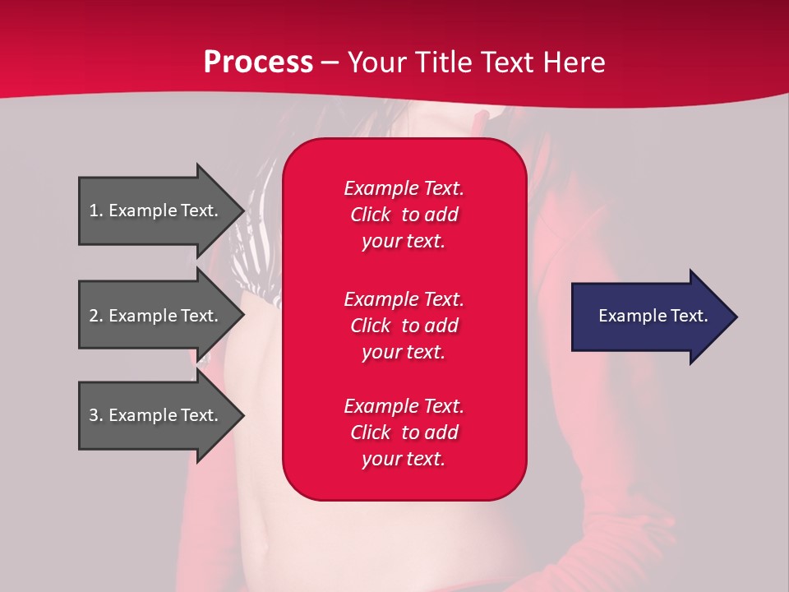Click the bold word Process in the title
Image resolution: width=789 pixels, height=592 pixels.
pyautogui.click(x=258, y=62)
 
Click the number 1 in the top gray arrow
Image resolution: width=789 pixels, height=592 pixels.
pyautogui.click(x=94, y=210)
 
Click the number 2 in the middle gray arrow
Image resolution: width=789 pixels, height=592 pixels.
pyautogui.click(x=94, y=316)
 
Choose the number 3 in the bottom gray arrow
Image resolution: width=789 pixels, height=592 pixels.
pyautogui.click(x=94, y=415)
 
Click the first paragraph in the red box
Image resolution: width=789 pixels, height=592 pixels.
pyautogui.click(x=404, y=215)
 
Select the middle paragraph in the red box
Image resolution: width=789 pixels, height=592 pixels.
pyautogui.click(x=404, y=326)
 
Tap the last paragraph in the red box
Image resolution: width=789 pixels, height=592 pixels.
pyautogui.click(x=404, y=432)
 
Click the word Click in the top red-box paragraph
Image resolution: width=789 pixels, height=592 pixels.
pyautogui.click(x=370, y=215)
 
